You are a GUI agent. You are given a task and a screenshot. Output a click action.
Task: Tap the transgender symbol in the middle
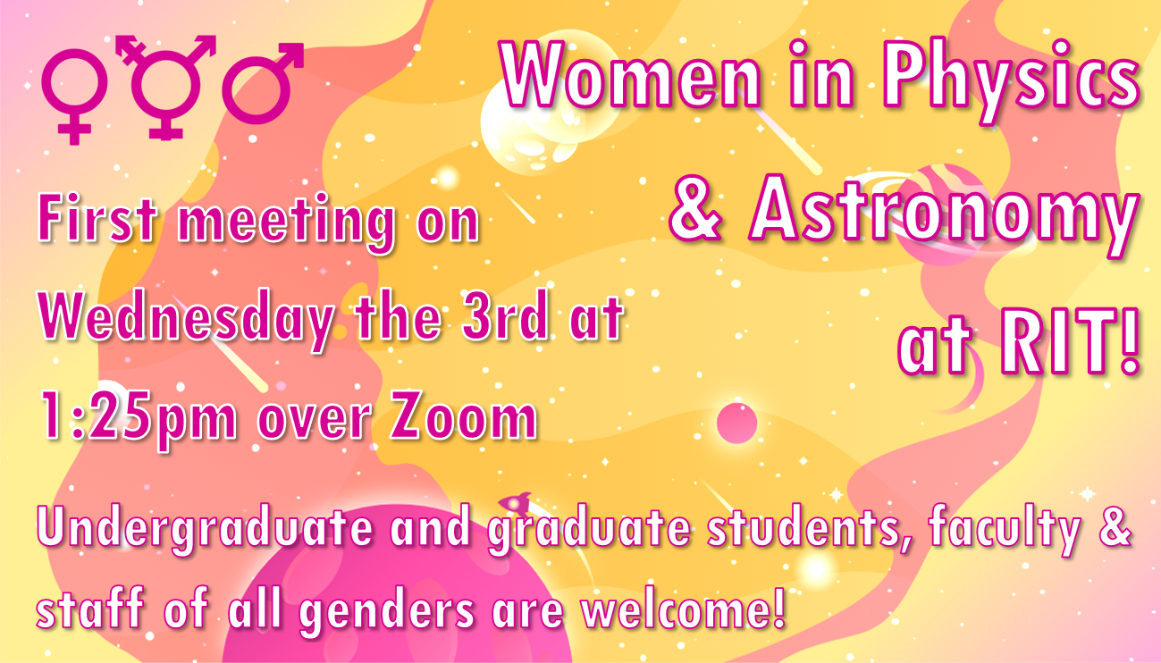tap(164, 87)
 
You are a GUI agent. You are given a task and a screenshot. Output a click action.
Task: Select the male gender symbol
tap(261, 83)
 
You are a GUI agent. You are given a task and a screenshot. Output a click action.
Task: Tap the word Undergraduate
tap(204, 530)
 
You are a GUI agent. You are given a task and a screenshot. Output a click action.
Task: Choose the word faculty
tap(1004, 530)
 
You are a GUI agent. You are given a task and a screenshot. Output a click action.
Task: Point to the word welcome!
tap(683, 609)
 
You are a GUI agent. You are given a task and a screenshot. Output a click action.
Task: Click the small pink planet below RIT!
tap(736, 422)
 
